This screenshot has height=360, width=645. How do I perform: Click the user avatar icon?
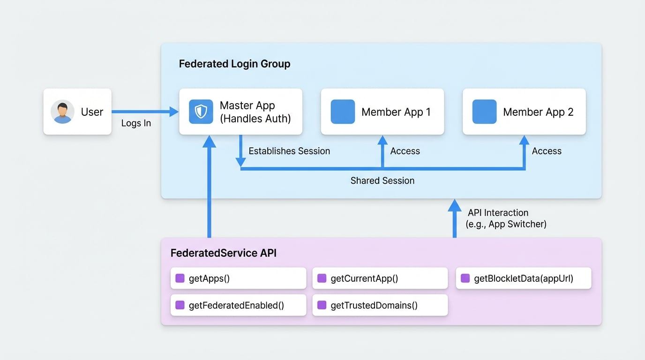point(62,112)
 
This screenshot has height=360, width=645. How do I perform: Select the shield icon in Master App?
point(201,112)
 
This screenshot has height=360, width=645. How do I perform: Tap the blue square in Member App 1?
point(343,112)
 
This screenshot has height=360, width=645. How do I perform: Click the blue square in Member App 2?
point(484,112)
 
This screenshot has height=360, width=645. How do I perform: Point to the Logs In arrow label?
point(136,124)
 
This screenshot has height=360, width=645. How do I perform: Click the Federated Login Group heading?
point(234,64)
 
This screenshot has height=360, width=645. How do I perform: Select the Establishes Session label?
point(289,151)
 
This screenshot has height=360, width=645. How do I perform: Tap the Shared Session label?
point(382,180)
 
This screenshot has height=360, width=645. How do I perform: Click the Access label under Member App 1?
point(405,151)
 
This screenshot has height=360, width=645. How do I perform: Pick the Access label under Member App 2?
point(547,151)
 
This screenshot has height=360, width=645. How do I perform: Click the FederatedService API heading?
point(223,253)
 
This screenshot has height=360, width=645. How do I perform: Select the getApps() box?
point(238,278)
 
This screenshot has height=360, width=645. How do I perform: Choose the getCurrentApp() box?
point(380,278)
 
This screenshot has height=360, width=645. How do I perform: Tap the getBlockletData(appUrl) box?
point(523,278)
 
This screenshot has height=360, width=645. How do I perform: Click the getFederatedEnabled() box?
point(238,305)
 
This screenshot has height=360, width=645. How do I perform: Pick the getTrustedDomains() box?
point(380,305)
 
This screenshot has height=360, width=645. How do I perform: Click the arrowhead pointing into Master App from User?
point(174,112)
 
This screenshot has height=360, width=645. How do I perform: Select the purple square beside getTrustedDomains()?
point(322,305)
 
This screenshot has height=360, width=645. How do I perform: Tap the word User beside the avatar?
point(92,112)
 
